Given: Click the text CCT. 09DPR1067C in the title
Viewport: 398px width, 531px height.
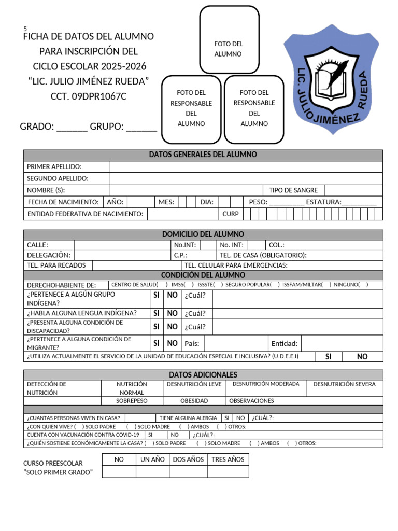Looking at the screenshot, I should pyautogui.click(x=88, y=96).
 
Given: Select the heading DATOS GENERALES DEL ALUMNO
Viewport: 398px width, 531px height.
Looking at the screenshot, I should pyautogui.click(x=203, y=155).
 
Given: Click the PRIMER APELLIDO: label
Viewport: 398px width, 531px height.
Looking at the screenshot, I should pyautogui.click(x=54, y=166).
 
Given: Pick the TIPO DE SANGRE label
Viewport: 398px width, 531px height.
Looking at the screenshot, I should pyautogui.click(x=293, y=190).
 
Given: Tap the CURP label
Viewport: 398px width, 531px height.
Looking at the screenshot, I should pyautogui.click(x=230, y=214).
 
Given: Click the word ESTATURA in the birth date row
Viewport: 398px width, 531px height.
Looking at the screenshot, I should pyautogui.click(x=323, y=202).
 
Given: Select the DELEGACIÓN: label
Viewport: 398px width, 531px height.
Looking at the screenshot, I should pyautogui.click(x=48, y=255).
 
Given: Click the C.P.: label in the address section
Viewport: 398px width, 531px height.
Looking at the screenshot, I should pyautogui.click(x=180, y=255).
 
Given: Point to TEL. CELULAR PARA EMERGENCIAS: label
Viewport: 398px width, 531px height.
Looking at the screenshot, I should pyautogui.click(x=236, y=265).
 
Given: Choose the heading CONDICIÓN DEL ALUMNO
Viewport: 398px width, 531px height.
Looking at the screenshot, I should pyautogui.click(x=203, y=275).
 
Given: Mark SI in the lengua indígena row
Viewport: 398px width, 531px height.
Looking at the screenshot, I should pyautogui.click(x=155, y=313).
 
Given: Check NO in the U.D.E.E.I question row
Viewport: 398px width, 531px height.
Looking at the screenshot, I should pyautogui.click(x=362, y=357).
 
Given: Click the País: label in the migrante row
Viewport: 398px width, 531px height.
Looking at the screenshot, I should pyautogui.click(x=192, y=343).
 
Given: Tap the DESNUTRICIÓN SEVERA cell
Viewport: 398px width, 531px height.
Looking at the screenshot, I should pyautogui.click(x=345, y=384).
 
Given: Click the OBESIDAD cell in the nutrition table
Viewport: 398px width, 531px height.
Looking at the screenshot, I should pyautogui.click(x=194, y=401).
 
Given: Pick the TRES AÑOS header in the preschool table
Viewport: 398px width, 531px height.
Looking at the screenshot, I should pyautogui.click(x=228, y=459).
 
